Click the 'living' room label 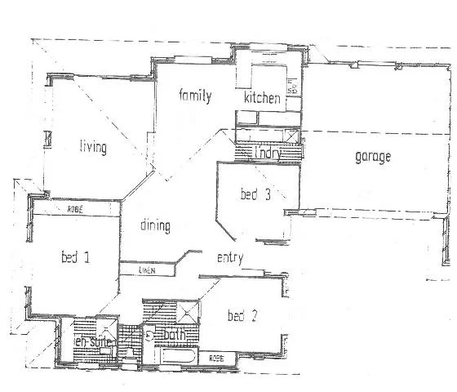(94, 147)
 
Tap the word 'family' (196, 96)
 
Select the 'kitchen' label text (263, 99)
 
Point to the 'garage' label (372, 157)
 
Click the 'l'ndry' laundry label (268, 152)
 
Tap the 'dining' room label (155, 225)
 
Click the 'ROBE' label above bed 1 (75, 211)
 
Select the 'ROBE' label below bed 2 (216, 358)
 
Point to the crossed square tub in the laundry (288, 136)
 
